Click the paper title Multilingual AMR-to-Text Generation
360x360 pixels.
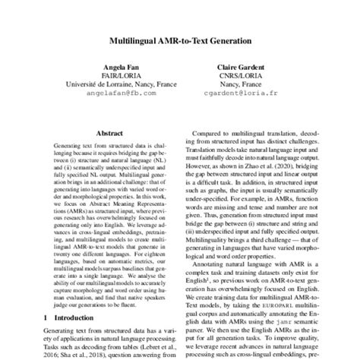pyautogui.click(x=180, y=38)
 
